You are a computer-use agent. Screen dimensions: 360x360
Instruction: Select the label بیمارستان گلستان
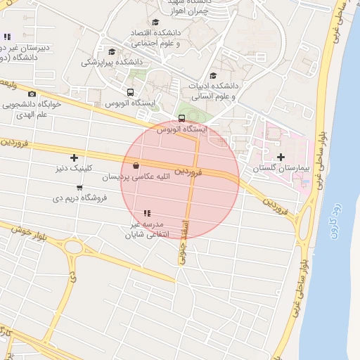[281, 168]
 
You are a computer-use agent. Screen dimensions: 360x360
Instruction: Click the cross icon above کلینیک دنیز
[74, 157]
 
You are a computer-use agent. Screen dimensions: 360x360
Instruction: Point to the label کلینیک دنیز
[74, 169]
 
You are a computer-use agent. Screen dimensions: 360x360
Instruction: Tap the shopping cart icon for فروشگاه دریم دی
[79, 187]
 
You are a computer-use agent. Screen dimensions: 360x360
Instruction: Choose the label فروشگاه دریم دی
[79, 198]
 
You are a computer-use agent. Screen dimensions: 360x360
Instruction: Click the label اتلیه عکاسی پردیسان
[135, 177]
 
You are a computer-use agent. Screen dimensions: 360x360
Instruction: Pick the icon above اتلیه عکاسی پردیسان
[135, 166]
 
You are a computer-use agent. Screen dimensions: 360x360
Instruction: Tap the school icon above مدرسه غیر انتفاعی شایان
[147, 212]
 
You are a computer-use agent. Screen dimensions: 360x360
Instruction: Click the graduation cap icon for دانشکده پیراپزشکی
[112, 51]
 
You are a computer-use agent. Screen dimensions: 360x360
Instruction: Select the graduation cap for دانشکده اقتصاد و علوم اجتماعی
[155, 22]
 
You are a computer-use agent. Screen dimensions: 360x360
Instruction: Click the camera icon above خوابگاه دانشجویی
[32, 94]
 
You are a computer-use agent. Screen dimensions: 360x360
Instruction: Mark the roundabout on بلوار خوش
[73, 247]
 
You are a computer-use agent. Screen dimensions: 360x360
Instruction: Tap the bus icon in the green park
[182, 118]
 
